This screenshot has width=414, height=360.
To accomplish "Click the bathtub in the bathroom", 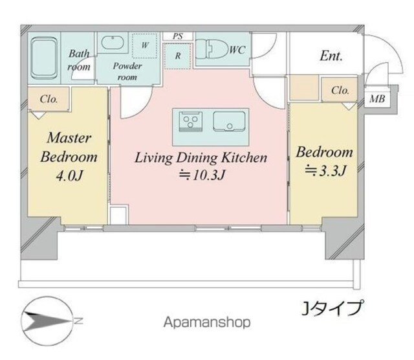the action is [44, 58].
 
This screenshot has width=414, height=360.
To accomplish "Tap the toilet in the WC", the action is [213, 49].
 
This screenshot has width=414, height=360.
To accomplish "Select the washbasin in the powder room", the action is [113, 43].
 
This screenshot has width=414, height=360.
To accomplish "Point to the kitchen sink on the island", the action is [229, 121].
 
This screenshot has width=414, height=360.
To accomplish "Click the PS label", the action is [178, 36].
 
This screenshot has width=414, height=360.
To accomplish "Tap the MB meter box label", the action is [377, 99].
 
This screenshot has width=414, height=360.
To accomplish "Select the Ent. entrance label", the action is [331, 56].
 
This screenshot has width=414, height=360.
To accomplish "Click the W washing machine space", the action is [145, 45].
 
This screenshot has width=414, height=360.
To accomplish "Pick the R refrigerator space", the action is [178, 56].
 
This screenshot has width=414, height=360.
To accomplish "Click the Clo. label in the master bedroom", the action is [49, 99].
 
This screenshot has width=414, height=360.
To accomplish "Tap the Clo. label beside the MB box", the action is [340, 91].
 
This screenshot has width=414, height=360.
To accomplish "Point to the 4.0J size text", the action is [69, 175].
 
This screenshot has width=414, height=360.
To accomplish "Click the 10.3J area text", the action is [202, 175].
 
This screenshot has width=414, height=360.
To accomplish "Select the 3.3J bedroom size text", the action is [325, 171].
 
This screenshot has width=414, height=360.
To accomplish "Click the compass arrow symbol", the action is [47, 321].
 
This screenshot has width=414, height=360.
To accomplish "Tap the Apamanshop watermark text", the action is [207, 322].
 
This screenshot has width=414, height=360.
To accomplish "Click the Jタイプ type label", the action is [332, 308].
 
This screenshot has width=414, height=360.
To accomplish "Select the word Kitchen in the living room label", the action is [244, 157].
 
